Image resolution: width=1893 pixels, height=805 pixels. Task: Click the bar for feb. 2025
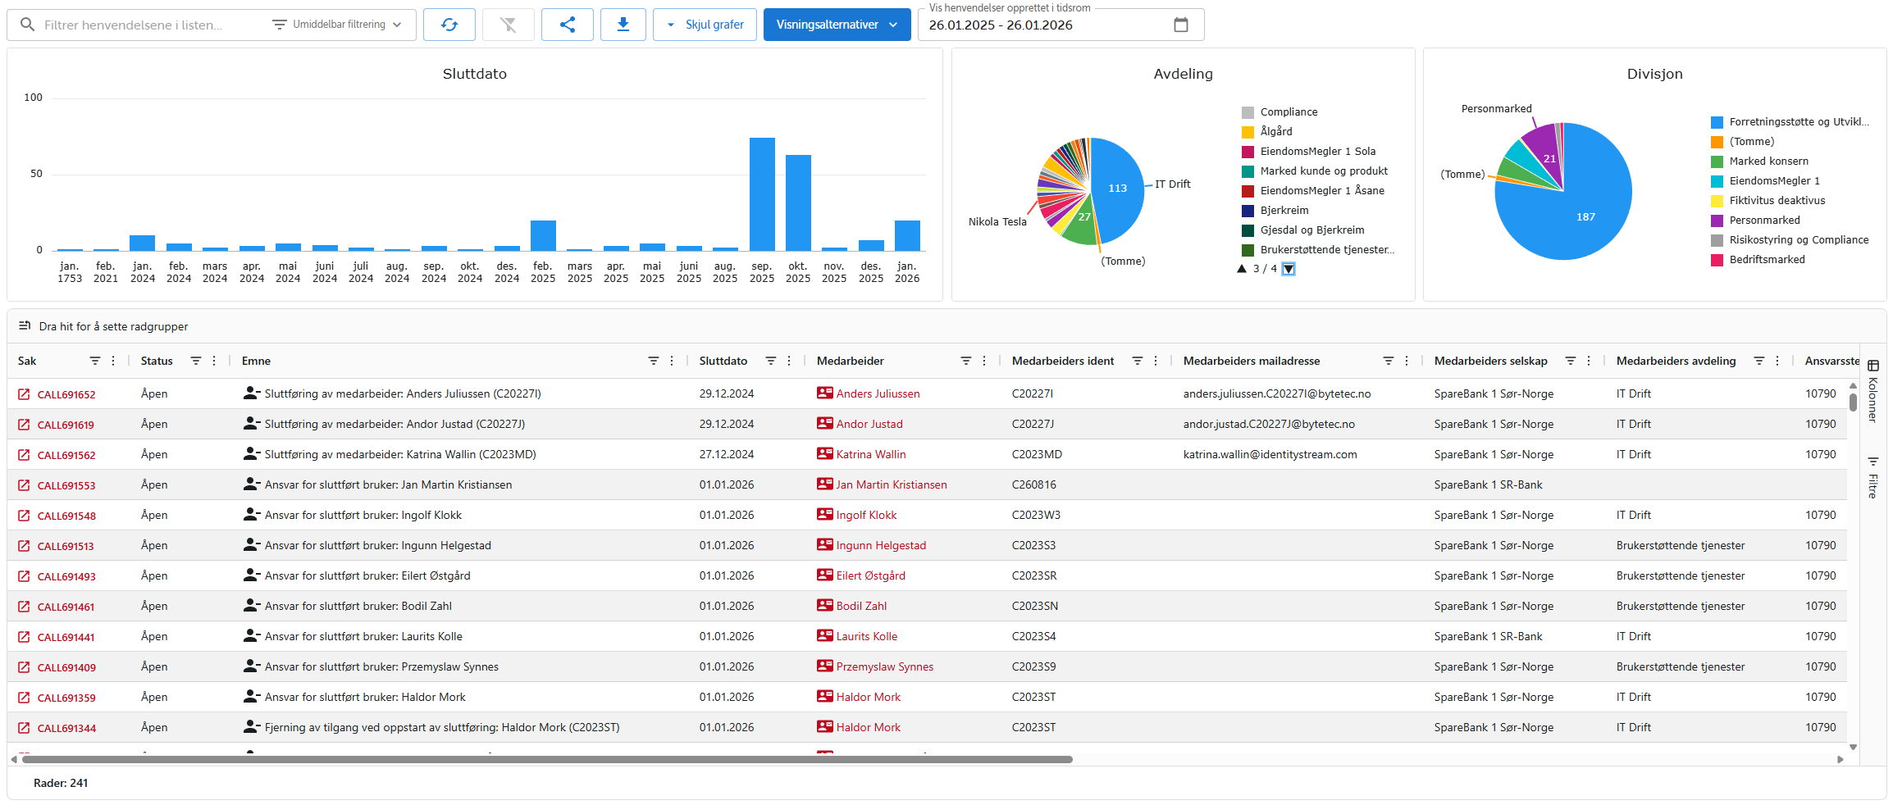pyautogui.click(x=543, y=235)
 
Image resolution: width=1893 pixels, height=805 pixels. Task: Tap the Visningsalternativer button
pyautogui.click(x=837, y=25)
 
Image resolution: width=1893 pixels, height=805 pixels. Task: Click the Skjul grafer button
pyautogui.click(x=705, y=25)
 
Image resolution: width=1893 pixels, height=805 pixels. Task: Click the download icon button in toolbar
pyautogui.click(x=623, y=25)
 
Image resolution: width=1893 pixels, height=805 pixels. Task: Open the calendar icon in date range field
pyautogui.click(x=1180, y=25)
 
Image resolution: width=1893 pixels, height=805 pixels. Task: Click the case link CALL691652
pyautogui.click(x=66, y=394)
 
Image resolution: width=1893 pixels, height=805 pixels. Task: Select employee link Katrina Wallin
pyautogui.click(x=871, y=454)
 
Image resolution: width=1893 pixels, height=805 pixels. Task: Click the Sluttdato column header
pyautogui.click(x=723, y=361)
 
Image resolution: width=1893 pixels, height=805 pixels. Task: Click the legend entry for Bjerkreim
pyautogui.click(x=1284, y=211)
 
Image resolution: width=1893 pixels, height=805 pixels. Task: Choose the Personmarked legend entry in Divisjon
pyautogui.click(x=1764, y=221)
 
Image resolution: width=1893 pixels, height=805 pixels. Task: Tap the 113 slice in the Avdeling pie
pyautogui.click(x=1117, y=189)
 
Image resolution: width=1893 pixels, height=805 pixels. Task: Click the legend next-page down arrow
pyautogui.click(x=1289, y=269)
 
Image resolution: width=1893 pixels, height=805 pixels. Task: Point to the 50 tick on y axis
pyautogui.click(x=36, y=174)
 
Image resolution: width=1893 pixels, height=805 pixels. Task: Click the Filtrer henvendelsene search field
pyautogui.click(x=148, y=25)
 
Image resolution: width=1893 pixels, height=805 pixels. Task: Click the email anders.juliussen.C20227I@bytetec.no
pyautogui.click(x=1276, y=394)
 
